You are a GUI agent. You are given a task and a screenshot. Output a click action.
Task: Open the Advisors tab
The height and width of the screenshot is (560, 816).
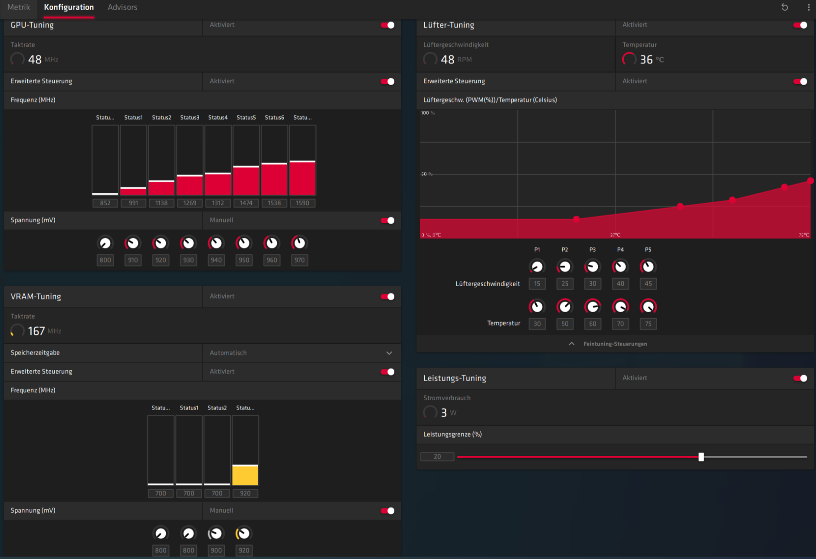pos(122,7)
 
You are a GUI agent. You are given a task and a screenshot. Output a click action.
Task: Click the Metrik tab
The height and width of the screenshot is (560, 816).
pos(19,7)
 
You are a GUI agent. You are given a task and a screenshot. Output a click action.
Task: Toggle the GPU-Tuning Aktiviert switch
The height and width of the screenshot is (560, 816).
pos(387,25)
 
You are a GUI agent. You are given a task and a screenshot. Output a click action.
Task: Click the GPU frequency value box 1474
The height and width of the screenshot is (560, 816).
pos(246,203)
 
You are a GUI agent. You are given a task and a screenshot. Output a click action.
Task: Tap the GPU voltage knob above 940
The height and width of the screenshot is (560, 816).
pos(216,243)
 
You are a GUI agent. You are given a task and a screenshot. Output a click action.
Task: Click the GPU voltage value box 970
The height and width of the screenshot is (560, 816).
pos(299,260)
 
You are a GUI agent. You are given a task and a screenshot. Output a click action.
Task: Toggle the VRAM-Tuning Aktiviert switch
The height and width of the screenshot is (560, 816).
pos(387,296)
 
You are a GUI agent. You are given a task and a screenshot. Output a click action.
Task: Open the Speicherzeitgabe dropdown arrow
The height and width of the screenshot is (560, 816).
pos(389,353)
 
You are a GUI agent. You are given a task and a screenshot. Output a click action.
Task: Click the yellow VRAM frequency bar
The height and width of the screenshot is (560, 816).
pos(246,475)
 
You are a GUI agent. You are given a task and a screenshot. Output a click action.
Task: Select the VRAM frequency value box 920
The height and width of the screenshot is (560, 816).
pos(246,494)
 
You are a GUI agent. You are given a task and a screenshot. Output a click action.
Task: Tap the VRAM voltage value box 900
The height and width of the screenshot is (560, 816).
pos(216,550)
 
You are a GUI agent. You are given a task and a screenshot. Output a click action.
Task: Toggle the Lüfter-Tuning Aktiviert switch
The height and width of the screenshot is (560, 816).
pos(800,25)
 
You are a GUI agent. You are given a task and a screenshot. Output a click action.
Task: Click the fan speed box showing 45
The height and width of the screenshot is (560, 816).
pos(648,284)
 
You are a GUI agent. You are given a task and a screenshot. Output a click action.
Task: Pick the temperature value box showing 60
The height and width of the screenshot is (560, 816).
pos(593,324)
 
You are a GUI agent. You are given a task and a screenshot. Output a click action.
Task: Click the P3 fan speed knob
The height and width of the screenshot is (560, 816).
pos(593,267)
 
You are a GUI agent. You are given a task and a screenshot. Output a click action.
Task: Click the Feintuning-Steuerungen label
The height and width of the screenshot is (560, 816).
pos(615,344)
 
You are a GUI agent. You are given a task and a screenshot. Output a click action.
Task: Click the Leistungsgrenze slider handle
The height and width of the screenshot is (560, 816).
pos(701,457)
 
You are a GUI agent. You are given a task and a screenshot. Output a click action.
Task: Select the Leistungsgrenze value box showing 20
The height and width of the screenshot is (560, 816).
pos(437,457)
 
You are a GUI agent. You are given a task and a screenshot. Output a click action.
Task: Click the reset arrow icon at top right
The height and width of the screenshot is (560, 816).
pos(785,7)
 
